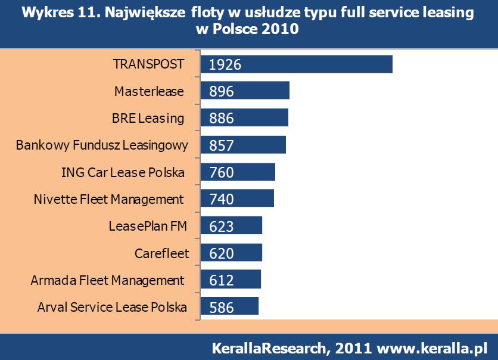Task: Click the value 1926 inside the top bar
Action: tap(225, 64)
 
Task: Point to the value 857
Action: tap(222, 145)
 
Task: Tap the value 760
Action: tap(222, 172)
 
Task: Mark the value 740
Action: tap(222, 199)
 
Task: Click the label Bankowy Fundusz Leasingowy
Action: tap(102, 145)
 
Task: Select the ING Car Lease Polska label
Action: tap(123, 172)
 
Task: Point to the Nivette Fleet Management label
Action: tap(109, 199)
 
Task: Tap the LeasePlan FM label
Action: tap(147, 226)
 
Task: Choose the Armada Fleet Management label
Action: tap(108, 280)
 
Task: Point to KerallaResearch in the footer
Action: tap(268, 347)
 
